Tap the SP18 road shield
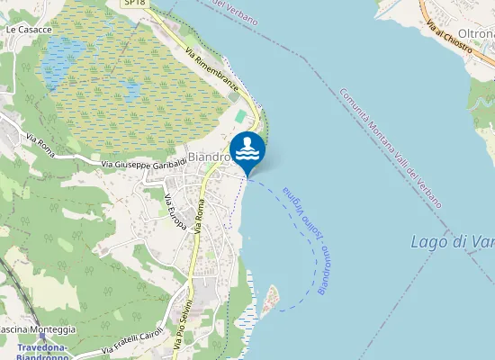pos(133,4)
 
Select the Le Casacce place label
pos(29,30)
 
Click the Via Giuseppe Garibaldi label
pos(143,164)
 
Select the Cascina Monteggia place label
pos(36,330)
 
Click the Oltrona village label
pos(481,32)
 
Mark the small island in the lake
pos(269,301)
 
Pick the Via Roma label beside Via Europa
pos(200,219)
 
